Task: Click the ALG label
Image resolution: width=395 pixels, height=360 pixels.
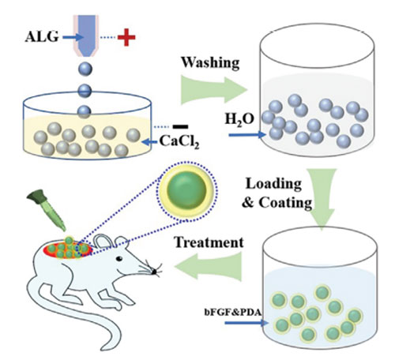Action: (x=42, y=36)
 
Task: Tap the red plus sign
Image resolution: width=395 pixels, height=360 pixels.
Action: (x=126, y=37)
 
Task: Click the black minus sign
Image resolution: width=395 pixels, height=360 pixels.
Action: (x=180, y=126)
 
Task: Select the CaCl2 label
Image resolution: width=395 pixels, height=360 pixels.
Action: (x=179, y=142)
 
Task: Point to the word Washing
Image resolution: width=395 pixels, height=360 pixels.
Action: (x=210, y=63)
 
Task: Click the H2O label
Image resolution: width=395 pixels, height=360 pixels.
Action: (x=239, y=120)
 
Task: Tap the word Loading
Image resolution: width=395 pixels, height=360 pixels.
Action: (x=273, y=184)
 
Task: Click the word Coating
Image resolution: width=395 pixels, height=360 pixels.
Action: (x=285, y=203)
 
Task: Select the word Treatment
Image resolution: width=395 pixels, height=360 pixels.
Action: (x=209, y=242)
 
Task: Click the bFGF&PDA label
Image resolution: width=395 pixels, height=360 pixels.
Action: (x=233, y=312)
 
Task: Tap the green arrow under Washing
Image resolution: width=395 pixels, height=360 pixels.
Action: (x=214, y=90)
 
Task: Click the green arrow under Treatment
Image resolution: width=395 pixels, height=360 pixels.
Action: (x=208, y=266)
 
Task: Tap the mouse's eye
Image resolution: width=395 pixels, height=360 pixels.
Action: (x=119, y=259)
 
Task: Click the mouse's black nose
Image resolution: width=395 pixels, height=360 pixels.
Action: (x=154, y=272)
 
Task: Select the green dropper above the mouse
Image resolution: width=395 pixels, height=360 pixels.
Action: (x=47, y=209)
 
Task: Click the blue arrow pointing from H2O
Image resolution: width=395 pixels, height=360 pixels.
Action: (x=247, y=135)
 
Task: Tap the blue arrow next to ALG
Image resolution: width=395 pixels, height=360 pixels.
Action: (x=73, y=37)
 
